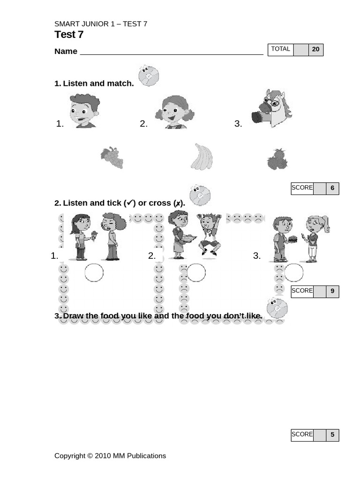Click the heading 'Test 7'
tap(69, 35)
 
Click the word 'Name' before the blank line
tap(66, 51)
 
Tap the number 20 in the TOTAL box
tap(315, 49)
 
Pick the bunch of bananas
tap(202, 157)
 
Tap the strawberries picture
tap(277, 159)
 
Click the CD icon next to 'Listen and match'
tap(149, 75)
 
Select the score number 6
tap(332, 188)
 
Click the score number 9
tap(332, 291)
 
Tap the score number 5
tap(332, 435)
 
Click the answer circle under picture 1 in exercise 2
tap(94, 272)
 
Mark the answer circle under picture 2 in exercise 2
tap(196, 272)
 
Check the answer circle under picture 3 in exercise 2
tap(293, 272)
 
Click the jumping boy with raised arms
tap(209, 234)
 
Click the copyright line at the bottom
tap(110, 456)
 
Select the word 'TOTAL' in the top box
tap(280, 49)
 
